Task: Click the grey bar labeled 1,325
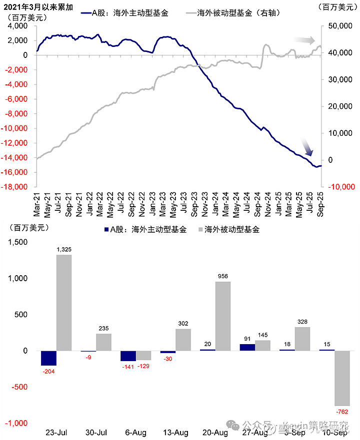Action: (x=64, y=303)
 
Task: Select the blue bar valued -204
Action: (x=48, y=358)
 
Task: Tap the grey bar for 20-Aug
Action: (x=223, y=316)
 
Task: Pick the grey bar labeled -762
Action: (x=342, y=378)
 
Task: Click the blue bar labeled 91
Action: (x=247, y=347)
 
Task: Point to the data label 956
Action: (x=223, y=276)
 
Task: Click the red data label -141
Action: (x=128, y=367)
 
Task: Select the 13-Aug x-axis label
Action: (x=175, y=432)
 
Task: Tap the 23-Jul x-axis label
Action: (x=56, y=432)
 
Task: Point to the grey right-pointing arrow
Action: (x=304, y=40)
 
